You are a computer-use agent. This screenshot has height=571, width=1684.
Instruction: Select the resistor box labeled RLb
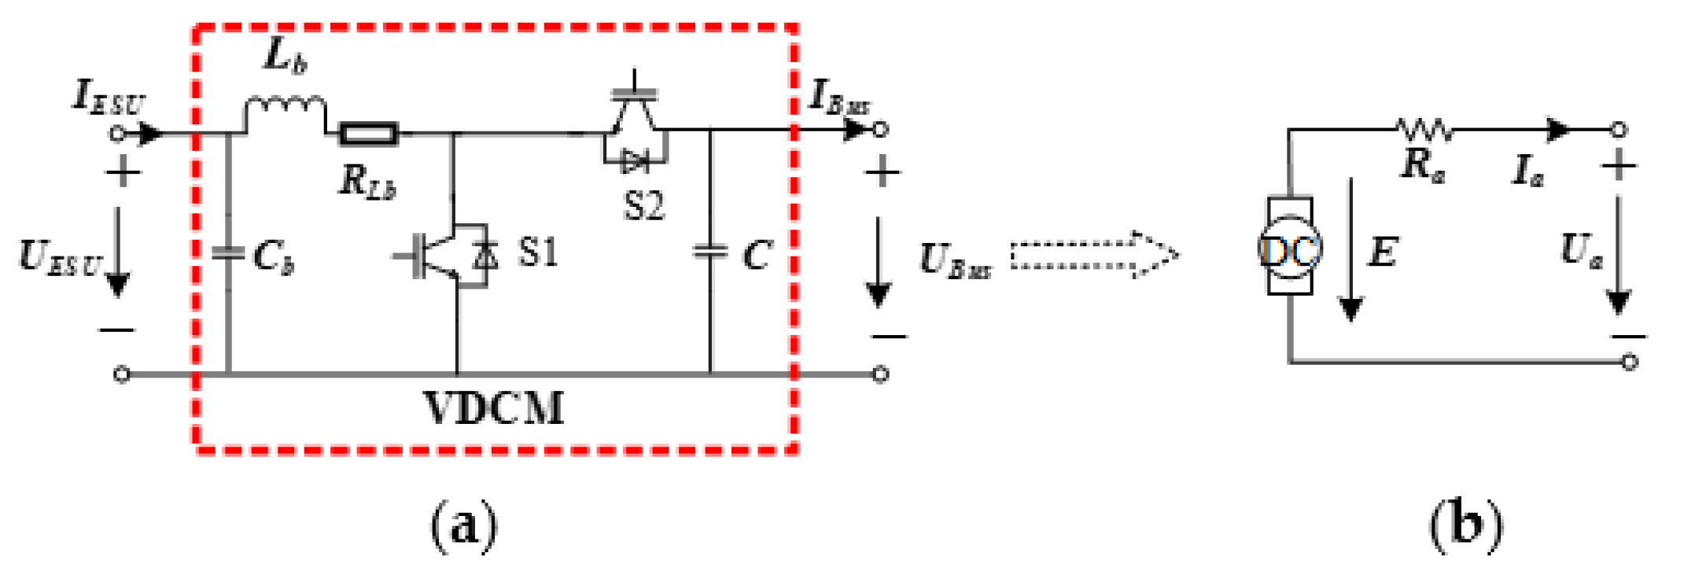point(369,134)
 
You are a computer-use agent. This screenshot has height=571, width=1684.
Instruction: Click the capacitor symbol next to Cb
point(228,253)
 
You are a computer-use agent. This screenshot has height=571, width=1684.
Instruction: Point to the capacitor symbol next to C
point(709,252)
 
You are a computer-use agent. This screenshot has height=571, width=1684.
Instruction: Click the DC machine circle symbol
point(1290,249)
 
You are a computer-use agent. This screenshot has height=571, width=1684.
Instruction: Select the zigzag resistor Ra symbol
point(1424,128)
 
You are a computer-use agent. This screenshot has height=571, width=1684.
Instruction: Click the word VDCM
point(494,408)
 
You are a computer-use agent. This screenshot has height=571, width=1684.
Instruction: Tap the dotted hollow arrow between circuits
point(1093,255)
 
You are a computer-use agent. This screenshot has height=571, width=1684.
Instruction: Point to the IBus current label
point(840,98)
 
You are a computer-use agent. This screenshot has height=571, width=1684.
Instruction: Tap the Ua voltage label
point(1581,251)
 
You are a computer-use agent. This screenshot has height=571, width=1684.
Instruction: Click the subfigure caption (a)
point(464,525)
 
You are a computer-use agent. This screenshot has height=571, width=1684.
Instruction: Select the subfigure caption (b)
point(1465,525)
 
